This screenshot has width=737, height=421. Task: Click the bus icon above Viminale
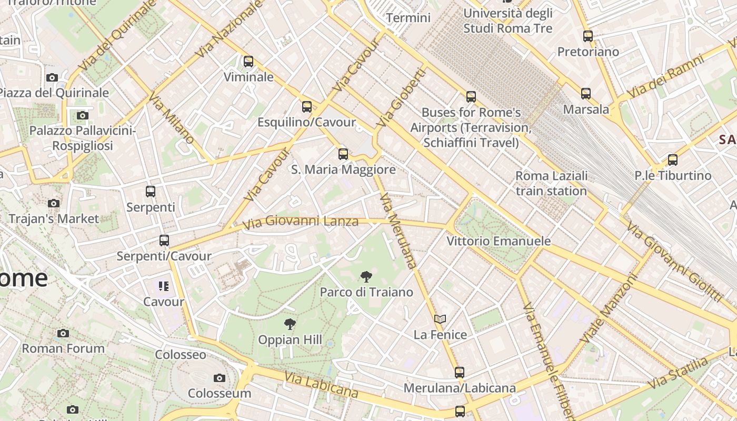(248, 62)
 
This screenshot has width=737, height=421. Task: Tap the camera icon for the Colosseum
(220, 378)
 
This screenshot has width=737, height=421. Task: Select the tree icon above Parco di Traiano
(366, 277)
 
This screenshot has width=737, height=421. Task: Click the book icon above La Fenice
(440, 319)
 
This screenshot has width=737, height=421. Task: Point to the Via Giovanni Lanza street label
(301, 222)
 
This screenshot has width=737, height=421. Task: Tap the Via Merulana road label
(398, 230)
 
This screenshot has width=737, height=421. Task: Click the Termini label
(408, 18)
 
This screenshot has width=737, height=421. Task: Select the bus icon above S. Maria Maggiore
(343, 154)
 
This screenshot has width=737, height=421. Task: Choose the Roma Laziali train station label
(551, 183)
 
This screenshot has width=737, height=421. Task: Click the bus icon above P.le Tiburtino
(672, 160)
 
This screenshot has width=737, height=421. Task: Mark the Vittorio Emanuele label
(499, 241)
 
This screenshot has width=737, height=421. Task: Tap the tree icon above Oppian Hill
(290, 324)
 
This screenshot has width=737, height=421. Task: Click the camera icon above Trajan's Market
(53, 203)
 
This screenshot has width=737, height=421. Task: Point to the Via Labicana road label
(321, 385)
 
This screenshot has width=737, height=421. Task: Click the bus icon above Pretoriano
(587, 36)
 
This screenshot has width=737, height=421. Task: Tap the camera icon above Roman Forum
(63, 333)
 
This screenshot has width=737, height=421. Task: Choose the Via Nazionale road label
(228, 29)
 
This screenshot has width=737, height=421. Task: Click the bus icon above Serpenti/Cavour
(164, 240)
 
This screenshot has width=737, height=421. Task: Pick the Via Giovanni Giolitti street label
(673, 262)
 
